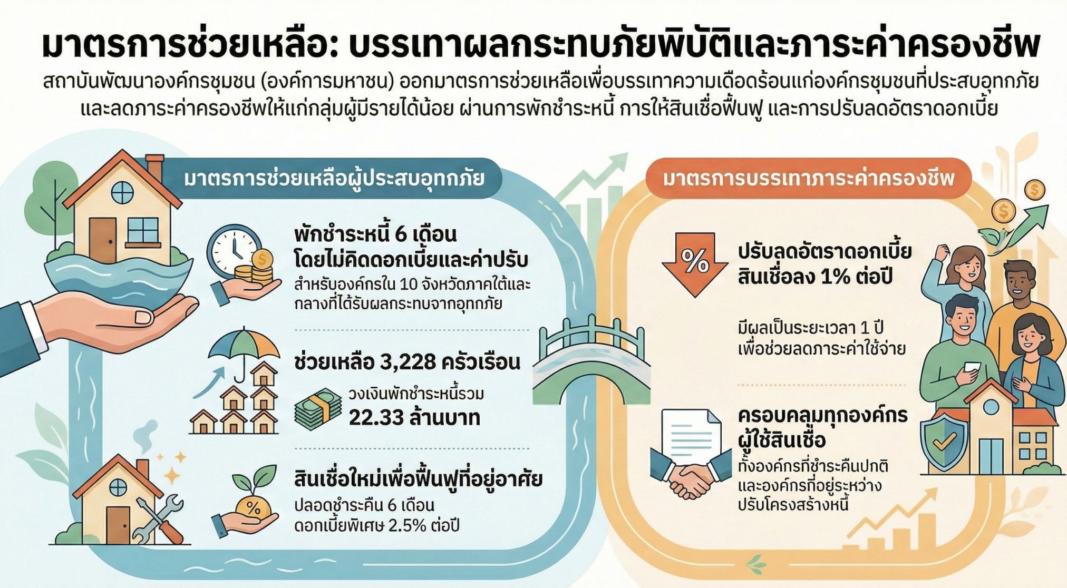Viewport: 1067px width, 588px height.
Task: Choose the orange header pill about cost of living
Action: click(809, 179)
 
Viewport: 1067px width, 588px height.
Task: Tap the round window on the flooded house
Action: click(122, 192)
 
